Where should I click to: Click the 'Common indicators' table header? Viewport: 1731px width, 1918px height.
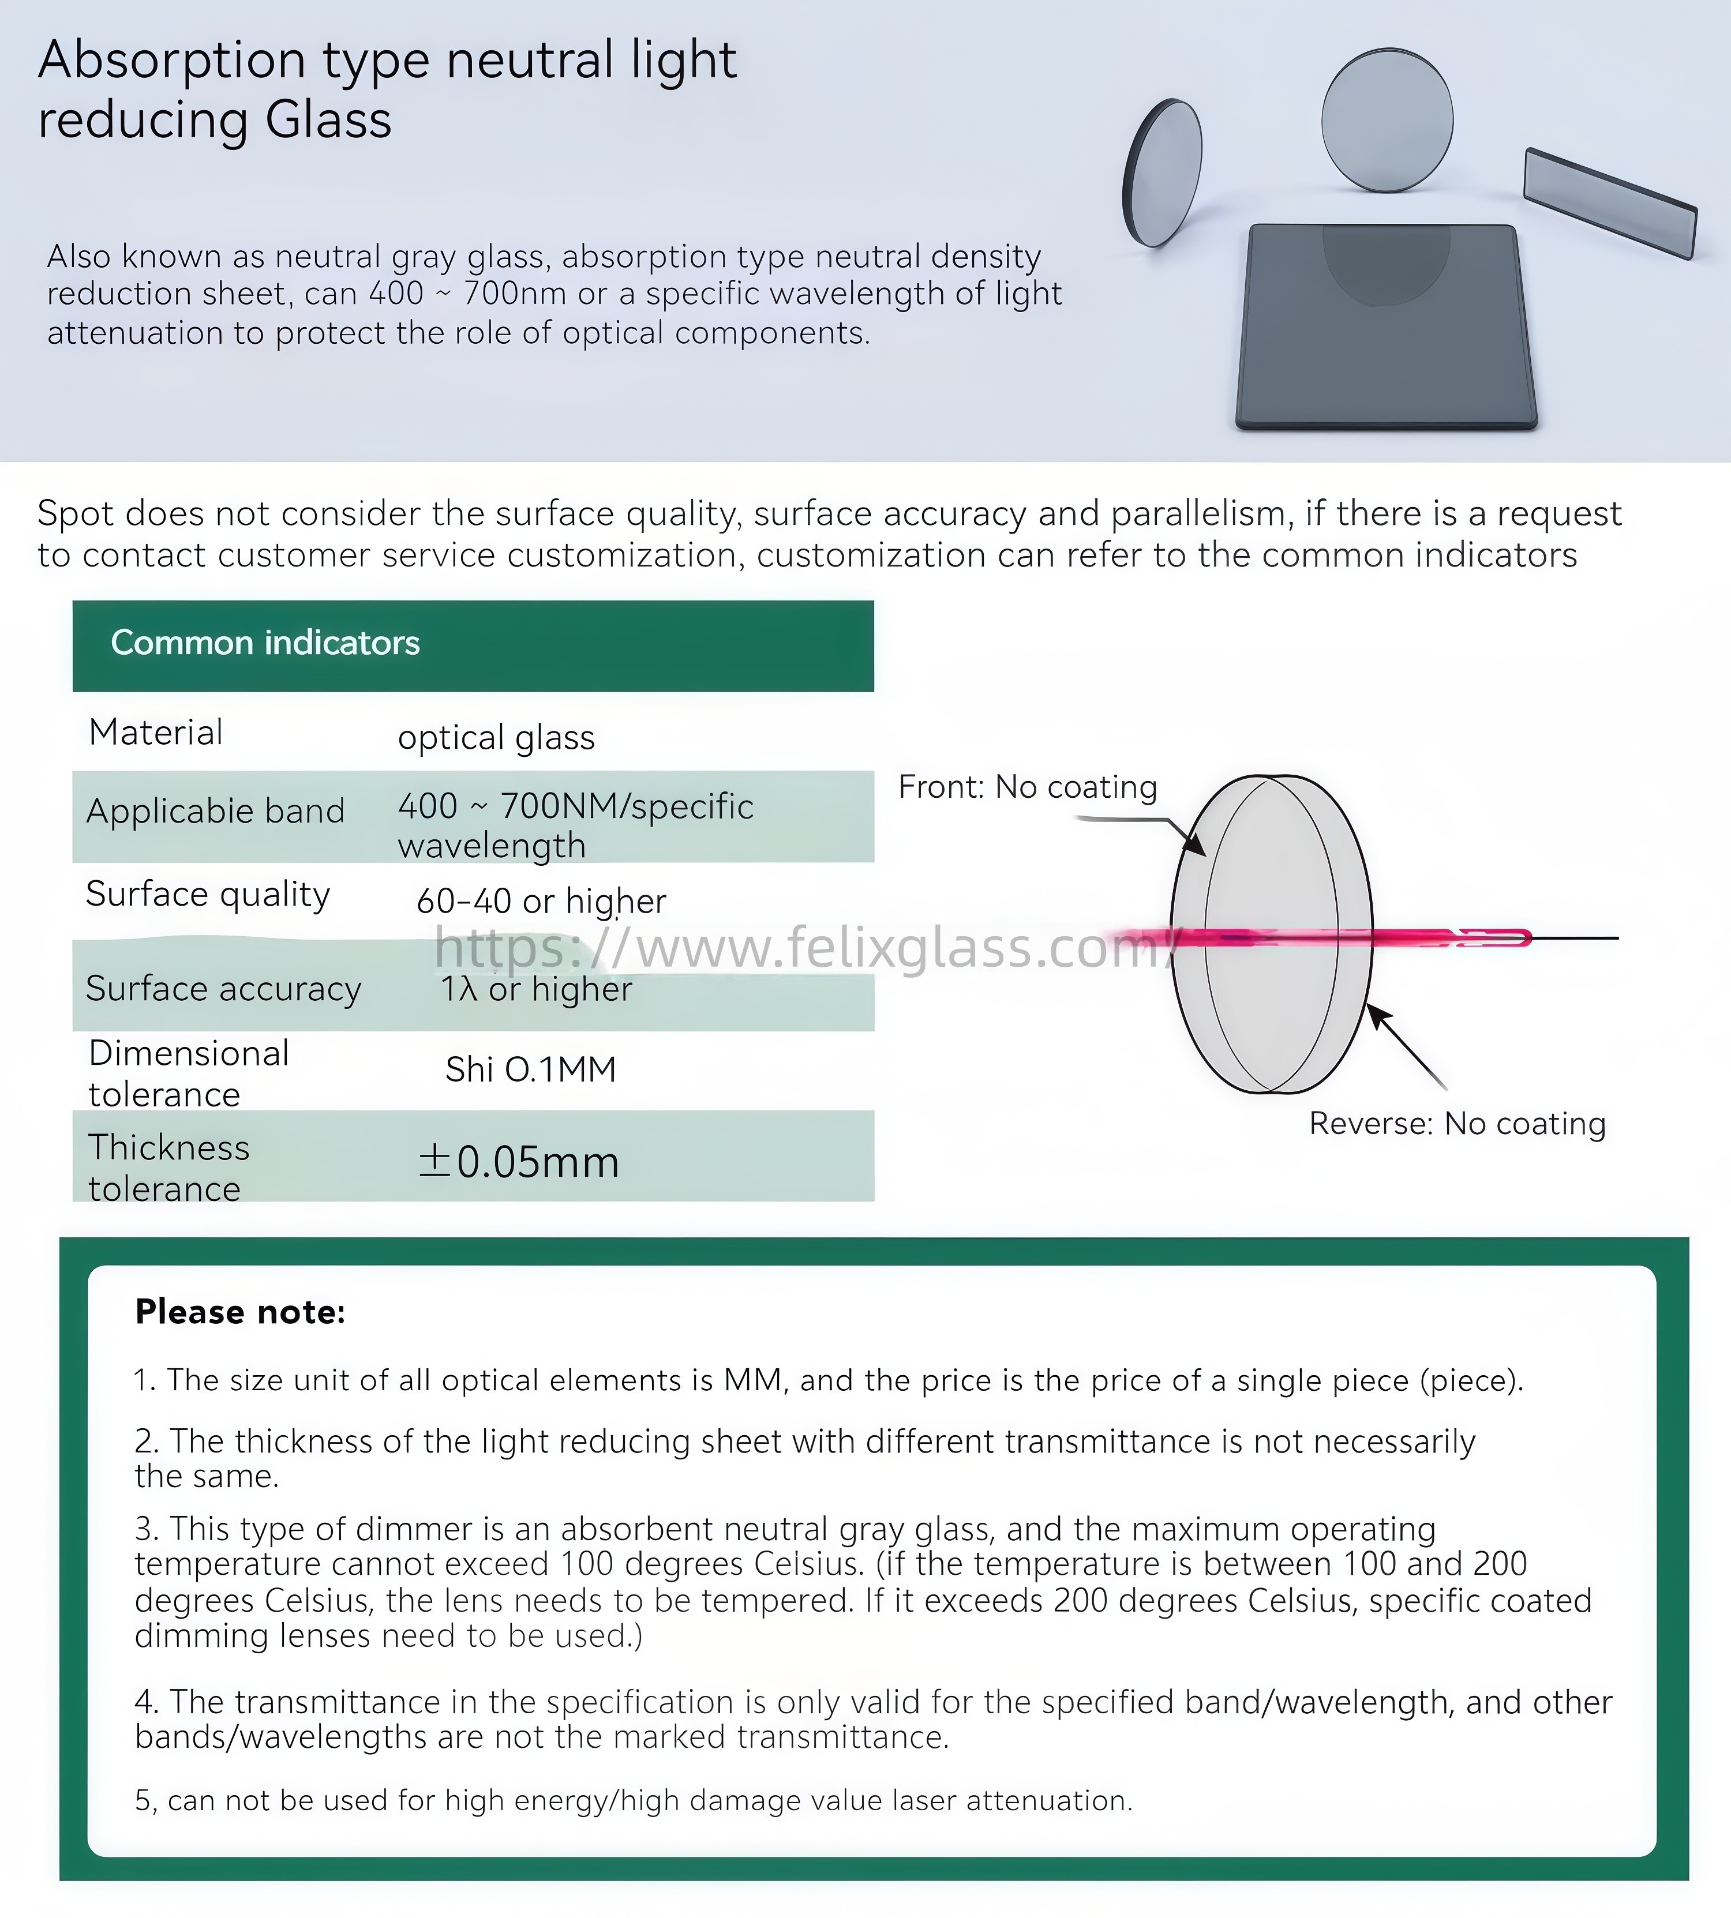265,643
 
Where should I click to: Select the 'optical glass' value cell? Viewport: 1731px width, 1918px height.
496,738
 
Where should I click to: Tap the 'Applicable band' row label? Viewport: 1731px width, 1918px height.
215,811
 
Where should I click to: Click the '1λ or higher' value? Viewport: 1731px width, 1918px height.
535,989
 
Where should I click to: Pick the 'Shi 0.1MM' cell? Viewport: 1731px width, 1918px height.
531,1070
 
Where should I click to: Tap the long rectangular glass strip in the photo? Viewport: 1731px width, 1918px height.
1609,201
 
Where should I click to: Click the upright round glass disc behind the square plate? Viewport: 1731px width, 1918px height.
1387,119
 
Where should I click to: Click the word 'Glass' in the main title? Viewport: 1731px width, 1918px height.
328,121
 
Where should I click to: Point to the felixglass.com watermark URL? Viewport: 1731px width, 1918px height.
804,948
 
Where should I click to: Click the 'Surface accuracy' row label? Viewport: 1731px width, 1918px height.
223,989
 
